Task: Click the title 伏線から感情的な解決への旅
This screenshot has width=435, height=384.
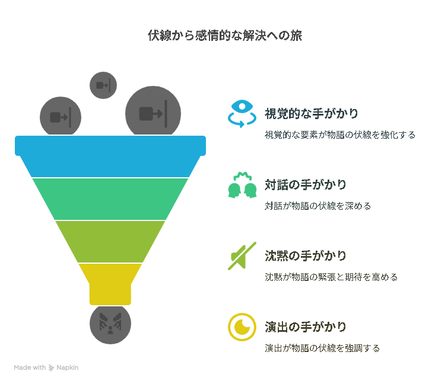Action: coord(225,36)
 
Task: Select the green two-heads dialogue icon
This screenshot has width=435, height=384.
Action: coord(242,185)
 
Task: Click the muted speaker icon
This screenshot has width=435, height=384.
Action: coord(242,256)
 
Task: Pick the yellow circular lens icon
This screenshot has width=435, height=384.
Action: coord(242,327)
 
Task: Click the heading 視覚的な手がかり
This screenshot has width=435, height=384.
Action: coord(312,114)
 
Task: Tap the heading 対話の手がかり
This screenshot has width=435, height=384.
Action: coord(306,185)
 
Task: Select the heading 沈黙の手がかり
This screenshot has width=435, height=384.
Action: coord(306,256)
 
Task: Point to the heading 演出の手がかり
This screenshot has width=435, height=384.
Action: coord(306,327)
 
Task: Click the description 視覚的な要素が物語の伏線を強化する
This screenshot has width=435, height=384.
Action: coord(340,135)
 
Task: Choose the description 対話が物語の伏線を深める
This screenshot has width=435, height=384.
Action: coord(317,206)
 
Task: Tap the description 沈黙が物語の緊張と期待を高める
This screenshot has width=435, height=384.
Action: coord(331,277)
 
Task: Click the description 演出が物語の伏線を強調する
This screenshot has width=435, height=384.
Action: coord(322,348)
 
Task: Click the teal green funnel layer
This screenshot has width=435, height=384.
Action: coord(110,199)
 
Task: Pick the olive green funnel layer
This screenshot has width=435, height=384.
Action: coord(110,242)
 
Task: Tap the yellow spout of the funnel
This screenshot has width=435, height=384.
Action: coord(110,284)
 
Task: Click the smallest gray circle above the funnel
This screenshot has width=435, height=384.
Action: coord(103,85)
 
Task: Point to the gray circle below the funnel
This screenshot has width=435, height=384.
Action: coord(110,324)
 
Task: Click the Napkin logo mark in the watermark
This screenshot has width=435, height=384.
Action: coord(51,367)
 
